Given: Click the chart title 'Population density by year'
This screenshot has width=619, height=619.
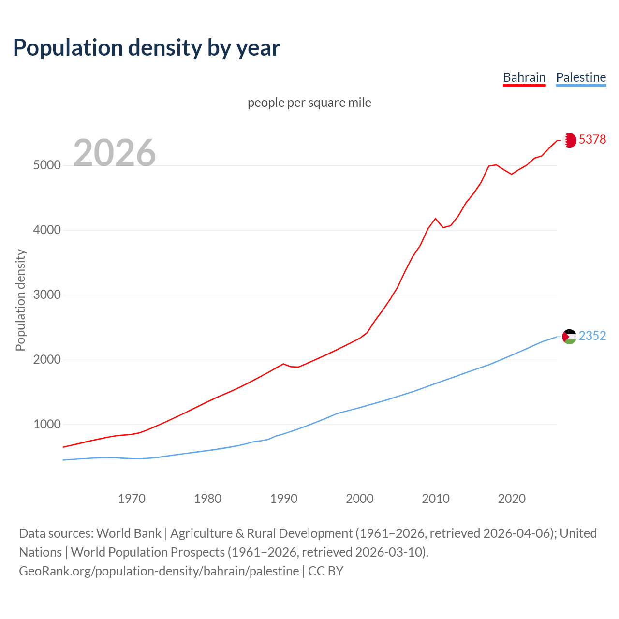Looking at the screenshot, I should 147,47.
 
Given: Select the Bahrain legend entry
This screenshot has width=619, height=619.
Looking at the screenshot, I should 524,77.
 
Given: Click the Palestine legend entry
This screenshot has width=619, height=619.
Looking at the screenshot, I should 581,77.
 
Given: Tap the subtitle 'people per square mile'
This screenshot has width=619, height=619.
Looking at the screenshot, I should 309,103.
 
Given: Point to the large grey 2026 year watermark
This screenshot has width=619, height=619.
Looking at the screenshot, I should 115,153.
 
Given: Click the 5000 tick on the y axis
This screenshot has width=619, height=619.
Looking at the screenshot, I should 47,165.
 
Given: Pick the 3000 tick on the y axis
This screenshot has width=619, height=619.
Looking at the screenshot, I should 47,295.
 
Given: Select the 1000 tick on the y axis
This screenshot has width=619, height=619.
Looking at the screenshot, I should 47,425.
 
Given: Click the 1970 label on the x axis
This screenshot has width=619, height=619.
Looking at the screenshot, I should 132,499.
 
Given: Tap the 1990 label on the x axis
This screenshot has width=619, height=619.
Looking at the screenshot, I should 284,499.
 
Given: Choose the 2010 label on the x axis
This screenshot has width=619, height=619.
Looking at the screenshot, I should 436,499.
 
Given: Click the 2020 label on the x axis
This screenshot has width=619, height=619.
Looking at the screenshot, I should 512,499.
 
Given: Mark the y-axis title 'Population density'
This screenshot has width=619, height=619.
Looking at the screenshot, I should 20,300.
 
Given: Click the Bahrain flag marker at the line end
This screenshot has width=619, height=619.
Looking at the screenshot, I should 570,140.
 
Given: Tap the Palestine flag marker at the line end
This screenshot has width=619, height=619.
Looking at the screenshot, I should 570,336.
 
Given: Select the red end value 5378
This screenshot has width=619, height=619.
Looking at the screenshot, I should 592,140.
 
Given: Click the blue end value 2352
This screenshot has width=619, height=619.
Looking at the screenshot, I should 592,336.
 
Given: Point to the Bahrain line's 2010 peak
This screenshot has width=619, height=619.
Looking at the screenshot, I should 435,219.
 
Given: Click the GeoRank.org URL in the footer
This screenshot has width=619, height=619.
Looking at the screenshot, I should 159,571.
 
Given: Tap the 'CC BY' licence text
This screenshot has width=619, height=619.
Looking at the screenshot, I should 325,571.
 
